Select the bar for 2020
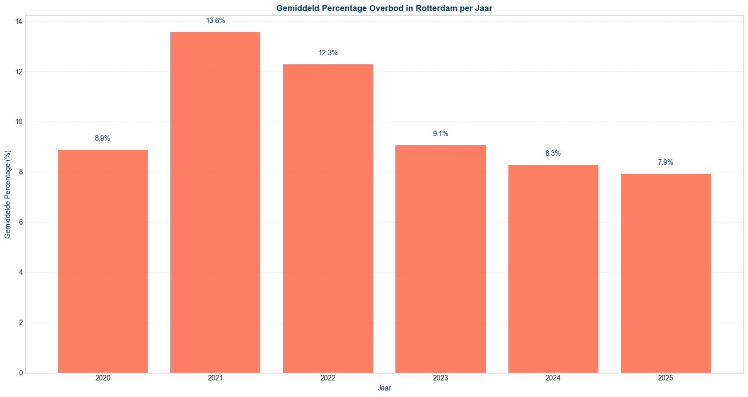(x=102, y=261)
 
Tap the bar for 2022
(x=328, y=219)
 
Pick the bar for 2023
(x=440, y=259)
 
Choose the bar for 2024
(x=553, y=269)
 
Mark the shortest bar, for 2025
(x=666, y=273)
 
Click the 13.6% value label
(x=216, y=21)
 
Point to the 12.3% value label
(x=328, y=53)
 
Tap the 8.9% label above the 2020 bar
(x=102, y=139)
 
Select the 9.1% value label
(x=441, y=134)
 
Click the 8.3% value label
(x=553, y=154)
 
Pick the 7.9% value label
(x=666, y=163)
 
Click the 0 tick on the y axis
(x=20, y=373)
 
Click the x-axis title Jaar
(x=384, y=388)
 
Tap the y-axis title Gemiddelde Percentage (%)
(x=8, y=194)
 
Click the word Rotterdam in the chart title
(x=436, y=8)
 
